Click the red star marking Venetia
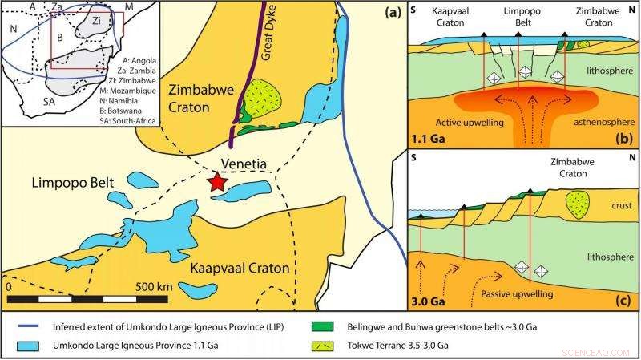point(216,182)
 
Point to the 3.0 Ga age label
point(426,303)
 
